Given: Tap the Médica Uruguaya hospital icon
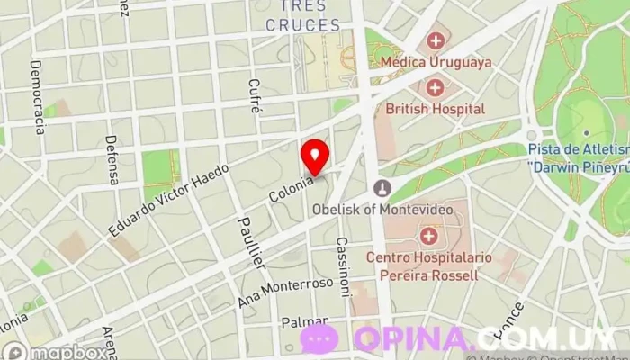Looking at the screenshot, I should (x=436, y=40).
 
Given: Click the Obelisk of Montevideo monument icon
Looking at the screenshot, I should (x=382, y=189).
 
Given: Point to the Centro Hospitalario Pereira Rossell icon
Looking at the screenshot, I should (x=428, y=237).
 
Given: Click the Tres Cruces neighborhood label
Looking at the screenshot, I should (x=303, y=16).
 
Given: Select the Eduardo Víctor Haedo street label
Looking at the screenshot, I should (x=168, y=200).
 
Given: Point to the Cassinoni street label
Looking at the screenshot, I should (x=343, y=267).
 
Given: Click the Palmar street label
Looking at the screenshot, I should (x=303, y=321).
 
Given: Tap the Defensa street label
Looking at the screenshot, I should (x=112, y=160).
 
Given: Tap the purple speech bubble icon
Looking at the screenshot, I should (x=319, y=338).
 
